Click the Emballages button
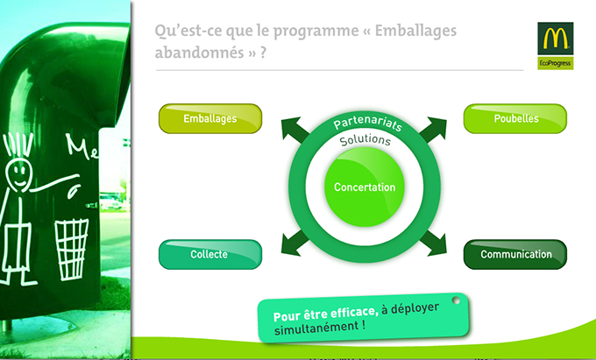(210, 118)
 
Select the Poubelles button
(515, 118)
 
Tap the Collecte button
(210, 254)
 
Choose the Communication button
(515, 254)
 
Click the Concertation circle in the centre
(365, 187)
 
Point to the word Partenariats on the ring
(367, 124)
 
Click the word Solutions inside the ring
(365, 140)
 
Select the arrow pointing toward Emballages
(294, 130)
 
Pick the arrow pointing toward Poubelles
(433, 130)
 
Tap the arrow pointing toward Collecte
(294, 243)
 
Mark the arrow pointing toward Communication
(433, 243)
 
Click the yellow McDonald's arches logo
(556, 39)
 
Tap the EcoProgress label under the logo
(556, 63)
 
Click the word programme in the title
(316, 32)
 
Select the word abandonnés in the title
(199, 52)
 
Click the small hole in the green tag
(456, 300)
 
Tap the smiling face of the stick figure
(18, 175)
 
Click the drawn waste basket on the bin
(72, 249)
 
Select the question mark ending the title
(263, 52)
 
